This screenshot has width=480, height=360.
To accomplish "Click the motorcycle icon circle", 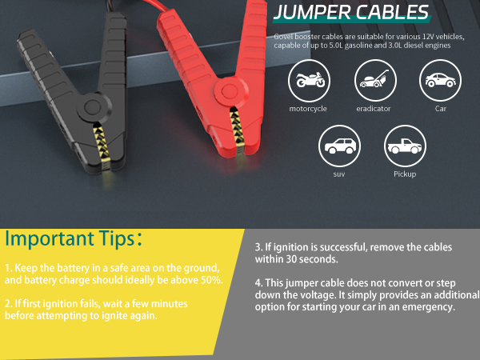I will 308,81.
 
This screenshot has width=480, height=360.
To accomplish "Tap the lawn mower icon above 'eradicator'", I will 374,81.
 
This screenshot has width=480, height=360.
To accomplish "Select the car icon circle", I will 440,81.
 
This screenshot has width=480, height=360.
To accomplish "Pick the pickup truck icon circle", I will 405,146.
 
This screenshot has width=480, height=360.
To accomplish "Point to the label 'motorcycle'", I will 308,109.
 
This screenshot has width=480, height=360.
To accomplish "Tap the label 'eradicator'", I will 374,109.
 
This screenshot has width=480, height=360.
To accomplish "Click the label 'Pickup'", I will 405,174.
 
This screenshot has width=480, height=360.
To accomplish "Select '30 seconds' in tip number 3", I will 317,260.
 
